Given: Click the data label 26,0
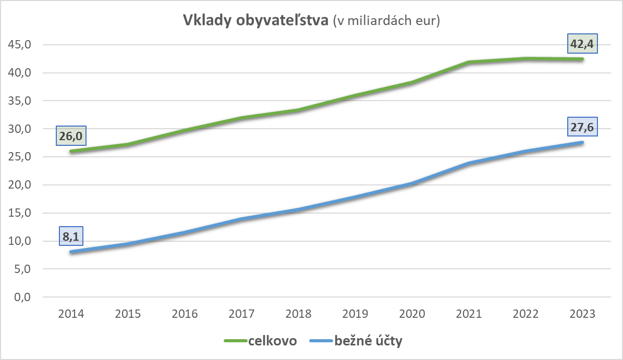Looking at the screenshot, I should pyautogui.click(x=70, y=136).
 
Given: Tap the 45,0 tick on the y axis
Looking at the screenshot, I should pyautogui.click(x=20, y=45).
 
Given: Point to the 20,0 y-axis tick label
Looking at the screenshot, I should pyautogui.click(x=20, y=185).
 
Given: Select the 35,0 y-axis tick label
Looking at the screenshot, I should pyautogui.click(x=20, y=101).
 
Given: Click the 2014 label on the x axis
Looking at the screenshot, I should pyautogui.click(x=71, y=314).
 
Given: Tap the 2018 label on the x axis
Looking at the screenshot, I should pyautogui.click(x=298, y=314).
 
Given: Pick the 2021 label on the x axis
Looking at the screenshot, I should pyautogui.click(x=469, y=314).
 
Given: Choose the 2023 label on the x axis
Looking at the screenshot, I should pyautogui.click(x=582, y=314).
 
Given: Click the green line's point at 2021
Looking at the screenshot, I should pyautogui.click(x=469, y=62).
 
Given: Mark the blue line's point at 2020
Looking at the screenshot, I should pyautogui.click(x=412, y=183).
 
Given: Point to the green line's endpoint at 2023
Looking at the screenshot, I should pyautogui.click(x=582, y=59).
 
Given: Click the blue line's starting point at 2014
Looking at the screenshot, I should pyautogui.click(x=71, y=252).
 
